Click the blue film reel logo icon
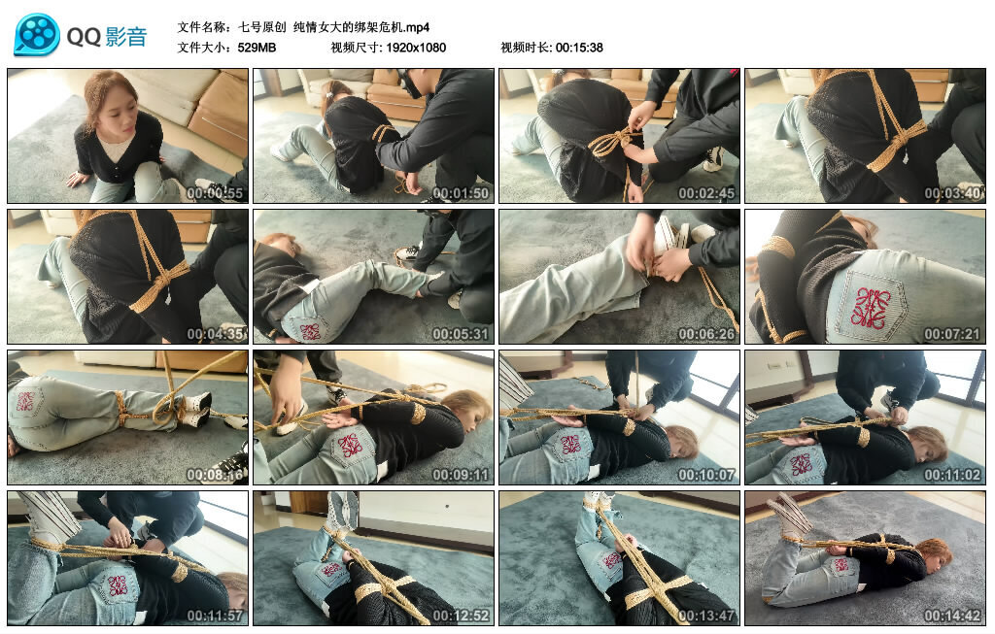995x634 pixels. pos(37,35)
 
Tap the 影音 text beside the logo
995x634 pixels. pos(126,37)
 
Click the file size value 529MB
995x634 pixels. pos(257,48)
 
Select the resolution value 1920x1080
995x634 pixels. pos(416,48)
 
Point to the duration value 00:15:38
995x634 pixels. pos(579,48)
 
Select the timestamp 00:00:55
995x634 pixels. pos(215,193)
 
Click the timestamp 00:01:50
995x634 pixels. pos(461,193)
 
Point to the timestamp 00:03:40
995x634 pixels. pos(952,193)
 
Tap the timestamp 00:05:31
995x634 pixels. pos(461,333)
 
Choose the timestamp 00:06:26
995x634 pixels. pos(706,333)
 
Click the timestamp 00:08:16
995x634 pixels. pos(215,474)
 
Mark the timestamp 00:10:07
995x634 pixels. pos(706,474)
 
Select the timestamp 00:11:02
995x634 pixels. pos(952,474)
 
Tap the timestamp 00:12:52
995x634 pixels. pos(461,615)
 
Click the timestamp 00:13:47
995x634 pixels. pos(706,615)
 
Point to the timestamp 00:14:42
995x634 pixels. pos(952,615)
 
